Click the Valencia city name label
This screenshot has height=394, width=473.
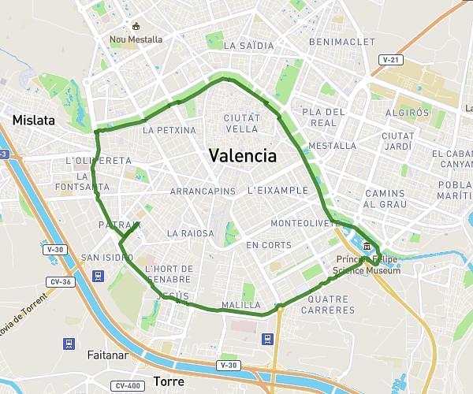pos(243,155)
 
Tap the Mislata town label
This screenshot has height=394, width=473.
pos(34,121)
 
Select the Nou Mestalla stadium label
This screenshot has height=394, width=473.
pos(136,39)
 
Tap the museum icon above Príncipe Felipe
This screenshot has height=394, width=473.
pos(368,247)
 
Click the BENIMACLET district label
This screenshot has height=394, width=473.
pos(341,41)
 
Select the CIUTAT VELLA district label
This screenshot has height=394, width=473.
pos(236,123)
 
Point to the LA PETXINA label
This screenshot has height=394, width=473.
pos(169,130)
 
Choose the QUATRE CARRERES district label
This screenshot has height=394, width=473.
pos(331,305)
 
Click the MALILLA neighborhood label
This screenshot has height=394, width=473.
pos(241,305)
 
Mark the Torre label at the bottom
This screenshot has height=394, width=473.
pos(169,381)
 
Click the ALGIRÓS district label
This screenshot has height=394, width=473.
pos(408,113)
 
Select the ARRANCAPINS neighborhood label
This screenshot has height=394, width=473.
pos(203,191)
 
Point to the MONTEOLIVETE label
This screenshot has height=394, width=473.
pos(304,224)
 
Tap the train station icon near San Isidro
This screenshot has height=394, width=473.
pos(99,276)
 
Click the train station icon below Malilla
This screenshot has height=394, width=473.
pos(268,339)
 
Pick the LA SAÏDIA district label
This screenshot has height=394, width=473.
pos(249,46)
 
